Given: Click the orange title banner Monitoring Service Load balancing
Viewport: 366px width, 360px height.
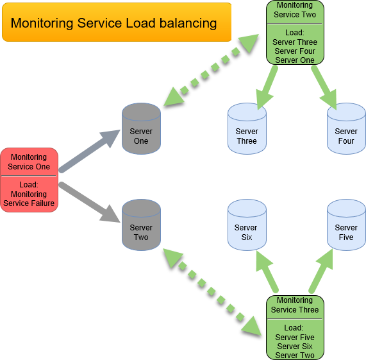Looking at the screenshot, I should click(x=116, y=22).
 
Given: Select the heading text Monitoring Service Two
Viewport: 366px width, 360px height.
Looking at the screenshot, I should click(x=295, y=10).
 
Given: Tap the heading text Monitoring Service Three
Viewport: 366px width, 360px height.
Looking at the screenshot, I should click(x=295, y=305).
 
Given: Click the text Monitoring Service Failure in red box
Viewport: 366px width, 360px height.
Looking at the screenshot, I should click(x=29, y=199).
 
